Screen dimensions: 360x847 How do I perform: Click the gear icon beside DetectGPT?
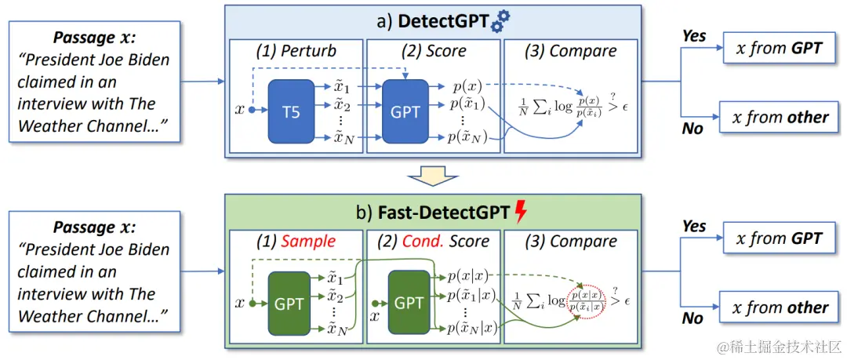point(499,23)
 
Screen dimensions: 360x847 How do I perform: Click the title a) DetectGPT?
point(433,21)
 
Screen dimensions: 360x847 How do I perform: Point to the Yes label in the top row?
point(694,36)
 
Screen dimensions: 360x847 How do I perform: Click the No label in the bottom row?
point(693,318)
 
